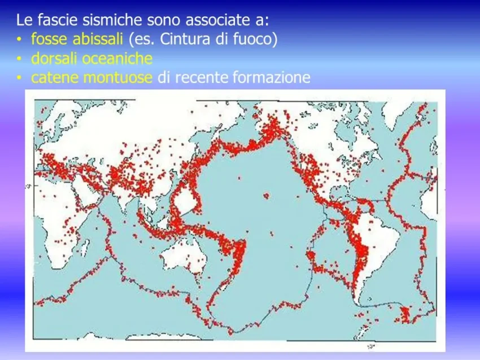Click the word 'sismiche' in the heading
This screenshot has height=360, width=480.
point(112,20)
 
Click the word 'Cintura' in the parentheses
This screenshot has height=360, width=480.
point(185,39)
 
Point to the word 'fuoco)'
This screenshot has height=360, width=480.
point(256,39)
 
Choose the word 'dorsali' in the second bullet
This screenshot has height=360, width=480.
point(54,58)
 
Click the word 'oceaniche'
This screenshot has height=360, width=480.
point(117,58)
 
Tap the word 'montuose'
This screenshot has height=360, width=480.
point(118,77)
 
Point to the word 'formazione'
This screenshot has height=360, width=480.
point(272,77)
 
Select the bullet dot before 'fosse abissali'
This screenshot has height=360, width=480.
point(19,39)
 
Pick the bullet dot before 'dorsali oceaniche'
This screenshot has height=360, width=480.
point(19,59)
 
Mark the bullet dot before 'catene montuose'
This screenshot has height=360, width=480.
point(19,78)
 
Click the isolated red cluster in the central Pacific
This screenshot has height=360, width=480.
point(266,195)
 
